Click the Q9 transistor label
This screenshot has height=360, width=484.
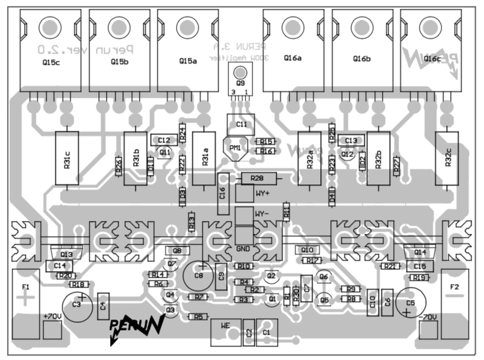(x=240, y=84)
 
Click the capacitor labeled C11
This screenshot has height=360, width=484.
(x=241, y=124)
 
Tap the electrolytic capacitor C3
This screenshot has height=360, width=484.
(x=77, y=305)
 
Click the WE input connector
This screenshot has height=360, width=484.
(x=226, y=333)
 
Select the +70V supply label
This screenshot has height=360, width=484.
(x=52, y=316)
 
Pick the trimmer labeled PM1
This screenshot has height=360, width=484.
(x=236, y=147)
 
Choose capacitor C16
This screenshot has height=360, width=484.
(x=223, y=193)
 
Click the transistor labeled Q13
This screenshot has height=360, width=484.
(x=67, y=254)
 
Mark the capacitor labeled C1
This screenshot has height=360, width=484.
(x=267, y=332)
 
